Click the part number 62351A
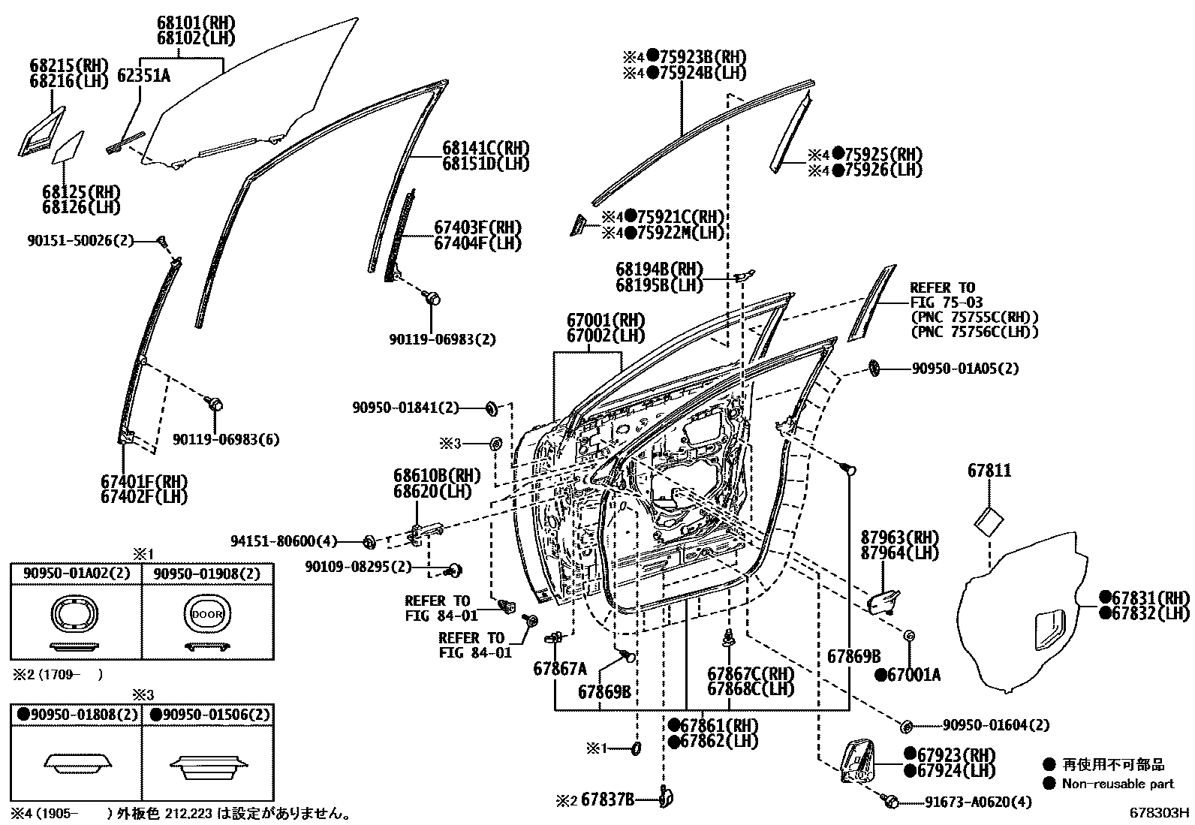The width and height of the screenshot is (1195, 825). [x=143, y=75]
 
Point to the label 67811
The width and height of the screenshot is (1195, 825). [x=989, y=471]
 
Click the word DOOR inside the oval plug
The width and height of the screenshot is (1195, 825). [x=207, y=613]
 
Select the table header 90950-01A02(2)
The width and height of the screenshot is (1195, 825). [x=76, y=574]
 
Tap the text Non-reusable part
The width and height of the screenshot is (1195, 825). [x=1118, y=784]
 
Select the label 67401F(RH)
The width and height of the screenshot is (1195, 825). [x=143, y=481]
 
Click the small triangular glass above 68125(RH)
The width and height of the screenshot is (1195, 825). [x=68, y=148]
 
